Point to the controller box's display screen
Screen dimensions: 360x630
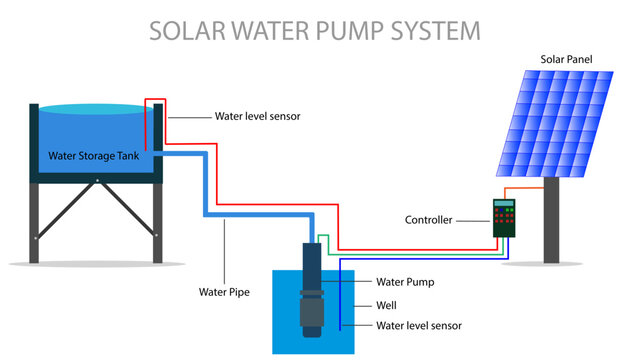[x=503, y=204]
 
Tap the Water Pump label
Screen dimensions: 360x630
[x=406, y=282]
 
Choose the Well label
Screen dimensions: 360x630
[x=386, y=304]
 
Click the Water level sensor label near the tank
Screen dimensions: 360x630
[x=257, y=116]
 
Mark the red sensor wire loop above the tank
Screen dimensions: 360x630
[x=155, y=100]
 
